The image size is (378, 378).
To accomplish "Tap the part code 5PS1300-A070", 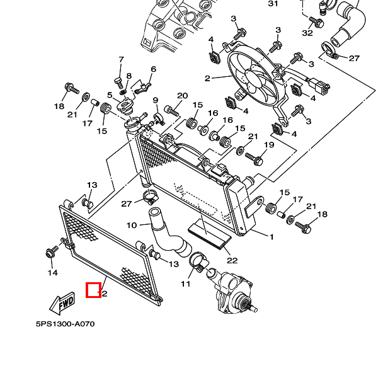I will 65,324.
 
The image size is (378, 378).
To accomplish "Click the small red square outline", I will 94,290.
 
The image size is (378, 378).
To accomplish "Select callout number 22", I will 232,260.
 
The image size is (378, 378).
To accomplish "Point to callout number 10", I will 132,225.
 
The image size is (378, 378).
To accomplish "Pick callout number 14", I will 53,273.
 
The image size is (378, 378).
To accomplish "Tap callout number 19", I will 269,146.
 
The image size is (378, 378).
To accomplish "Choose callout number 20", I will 182,96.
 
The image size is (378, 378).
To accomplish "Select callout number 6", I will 153,69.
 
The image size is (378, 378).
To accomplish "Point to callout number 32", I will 307,33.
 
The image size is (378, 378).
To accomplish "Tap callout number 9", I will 155,101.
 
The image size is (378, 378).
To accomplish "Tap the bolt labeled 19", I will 253,157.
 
